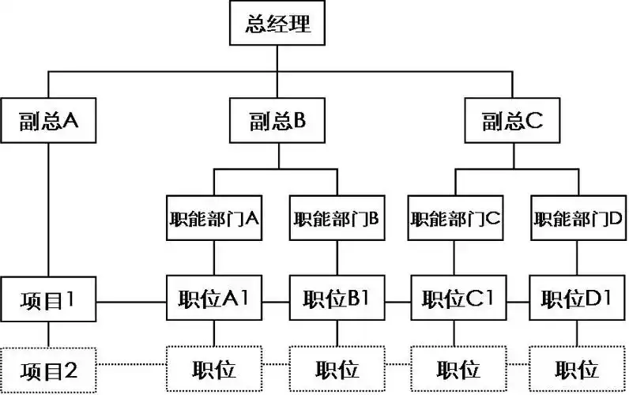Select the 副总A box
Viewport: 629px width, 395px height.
[49, 121]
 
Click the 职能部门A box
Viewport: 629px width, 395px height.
[214, 218]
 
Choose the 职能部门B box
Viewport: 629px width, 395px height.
[337, 218]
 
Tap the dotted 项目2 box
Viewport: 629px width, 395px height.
[49, 369]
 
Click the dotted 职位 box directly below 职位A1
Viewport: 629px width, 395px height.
[214, 369]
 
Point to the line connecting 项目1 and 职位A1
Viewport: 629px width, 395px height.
[132, 301]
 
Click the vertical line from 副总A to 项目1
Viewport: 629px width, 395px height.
[49, 209]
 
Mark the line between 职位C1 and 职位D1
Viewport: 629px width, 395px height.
[518, 301]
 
